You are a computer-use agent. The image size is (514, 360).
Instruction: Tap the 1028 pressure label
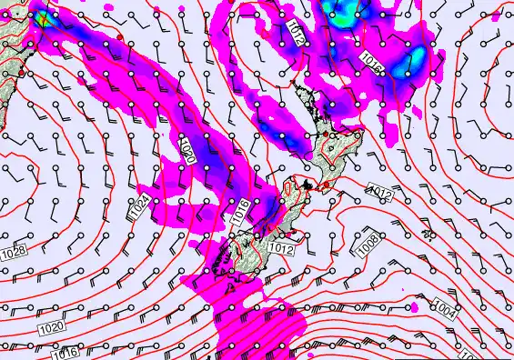12,249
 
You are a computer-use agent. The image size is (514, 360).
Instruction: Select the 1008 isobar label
368,244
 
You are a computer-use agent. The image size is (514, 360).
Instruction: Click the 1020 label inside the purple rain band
186,149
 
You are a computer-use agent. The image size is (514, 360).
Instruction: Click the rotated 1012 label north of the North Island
296,34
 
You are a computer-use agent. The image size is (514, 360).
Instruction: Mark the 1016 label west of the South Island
240,212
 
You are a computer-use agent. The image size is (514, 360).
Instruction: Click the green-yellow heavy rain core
41,16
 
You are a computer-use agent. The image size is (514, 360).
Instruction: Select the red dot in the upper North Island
333,135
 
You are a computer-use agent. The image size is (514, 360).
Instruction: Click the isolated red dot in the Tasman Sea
119,35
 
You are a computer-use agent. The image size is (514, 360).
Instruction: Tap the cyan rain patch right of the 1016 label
415,58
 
